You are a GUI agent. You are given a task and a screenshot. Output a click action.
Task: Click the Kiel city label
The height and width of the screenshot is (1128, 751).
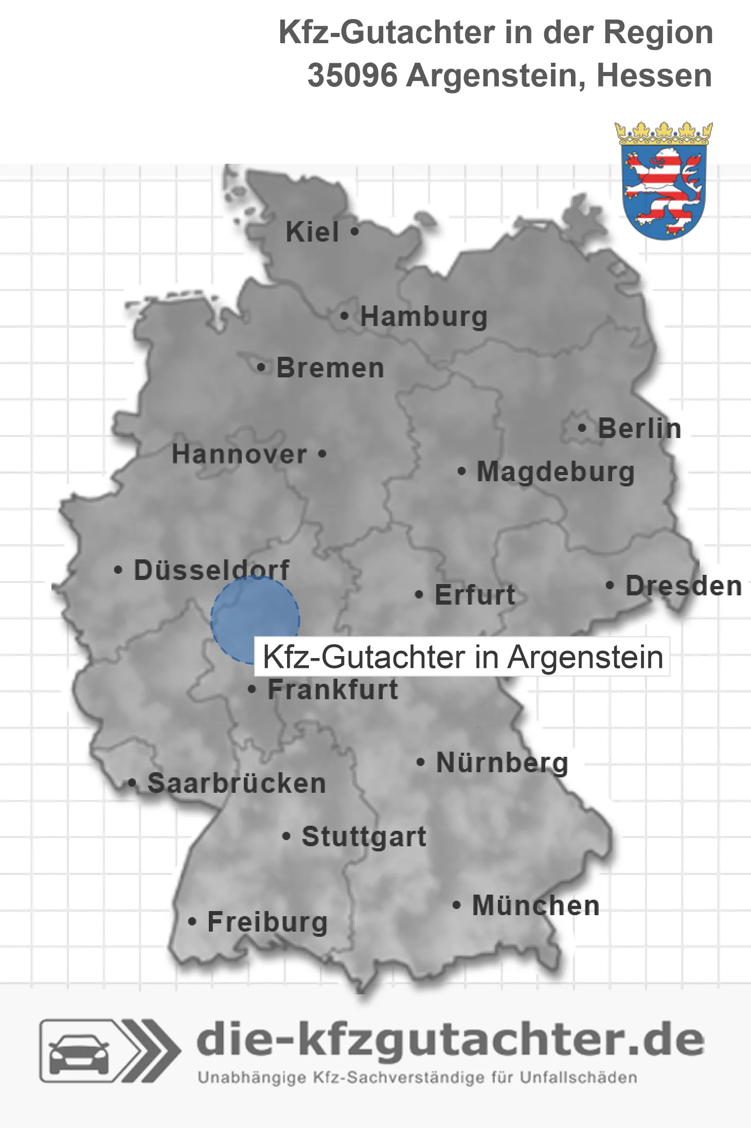(x=312, y=232)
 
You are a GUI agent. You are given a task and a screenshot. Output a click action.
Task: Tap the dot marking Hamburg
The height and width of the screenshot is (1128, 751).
(x=344, y=316)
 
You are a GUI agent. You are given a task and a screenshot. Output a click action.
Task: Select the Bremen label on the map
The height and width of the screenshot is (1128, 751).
(x=330, y=368)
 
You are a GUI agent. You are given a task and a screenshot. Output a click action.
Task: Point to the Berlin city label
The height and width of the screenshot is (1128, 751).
(x=639, y=428)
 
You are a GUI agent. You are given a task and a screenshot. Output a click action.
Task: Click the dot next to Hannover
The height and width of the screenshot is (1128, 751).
(x=322, y=454)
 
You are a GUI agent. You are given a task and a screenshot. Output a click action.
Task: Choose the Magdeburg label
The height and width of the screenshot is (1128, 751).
(x=556, y=472)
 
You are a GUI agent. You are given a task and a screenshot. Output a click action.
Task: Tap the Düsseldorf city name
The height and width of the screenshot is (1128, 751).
(x=211, y=570)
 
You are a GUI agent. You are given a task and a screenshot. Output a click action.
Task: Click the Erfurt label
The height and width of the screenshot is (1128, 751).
(x=475, y=595)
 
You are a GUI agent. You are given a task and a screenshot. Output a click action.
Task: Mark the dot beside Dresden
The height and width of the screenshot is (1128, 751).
(x=610, y=585)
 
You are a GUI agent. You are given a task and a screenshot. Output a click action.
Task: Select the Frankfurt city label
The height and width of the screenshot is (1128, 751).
(x=333, y=689)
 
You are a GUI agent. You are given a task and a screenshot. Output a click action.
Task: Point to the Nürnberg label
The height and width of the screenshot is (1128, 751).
(x=502, y=762)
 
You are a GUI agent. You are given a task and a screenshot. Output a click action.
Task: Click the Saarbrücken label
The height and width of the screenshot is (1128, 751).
(x=237, y=784)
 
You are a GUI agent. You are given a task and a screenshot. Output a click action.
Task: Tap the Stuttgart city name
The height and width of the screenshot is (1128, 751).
(x=364, y=836)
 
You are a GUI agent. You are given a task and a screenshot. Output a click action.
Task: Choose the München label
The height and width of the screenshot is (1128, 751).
(x=535, y=905)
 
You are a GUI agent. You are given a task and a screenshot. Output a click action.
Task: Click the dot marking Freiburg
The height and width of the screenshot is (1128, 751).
(x=192, y=921)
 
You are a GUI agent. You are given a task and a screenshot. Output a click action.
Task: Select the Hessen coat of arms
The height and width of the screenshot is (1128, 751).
(x=664, y=181)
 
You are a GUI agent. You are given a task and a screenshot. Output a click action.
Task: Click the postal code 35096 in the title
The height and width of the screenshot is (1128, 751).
(x=352, y=76)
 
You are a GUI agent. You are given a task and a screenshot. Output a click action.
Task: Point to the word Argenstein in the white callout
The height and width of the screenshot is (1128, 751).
(x=585, y=657)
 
